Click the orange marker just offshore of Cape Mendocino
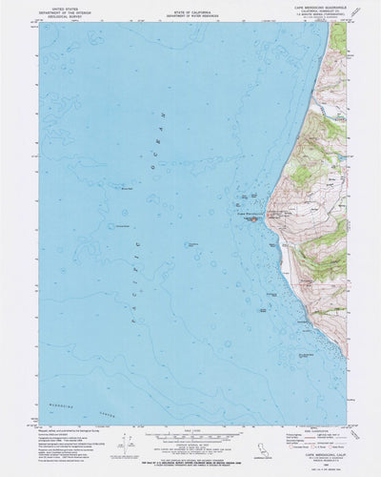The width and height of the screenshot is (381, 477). [x=254, y=220]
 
